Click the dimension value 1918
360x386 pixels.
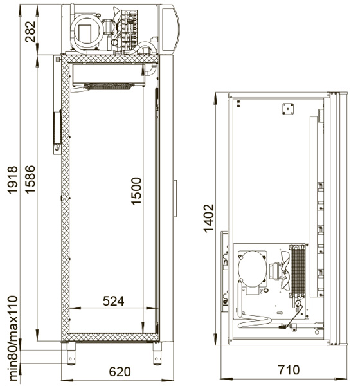tap(12, 180)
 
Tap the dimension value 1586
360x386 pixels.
tap(30, 179)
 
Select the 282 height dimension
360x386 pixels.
tap(30, 32)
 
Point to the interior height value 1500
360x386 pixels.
tap(136, 191)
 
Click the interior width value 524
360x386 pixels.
tap(113, 301)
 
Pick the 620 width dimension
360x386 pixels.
tap(120, 372)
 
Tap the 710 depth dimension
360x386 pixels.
tap(289, 370)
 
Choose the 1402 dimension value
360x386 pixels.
tap(209, 218)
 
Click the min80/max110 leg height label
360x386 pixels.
tap(13, 338)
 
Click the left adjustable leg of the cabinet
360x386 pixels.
tap(71, 353)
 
